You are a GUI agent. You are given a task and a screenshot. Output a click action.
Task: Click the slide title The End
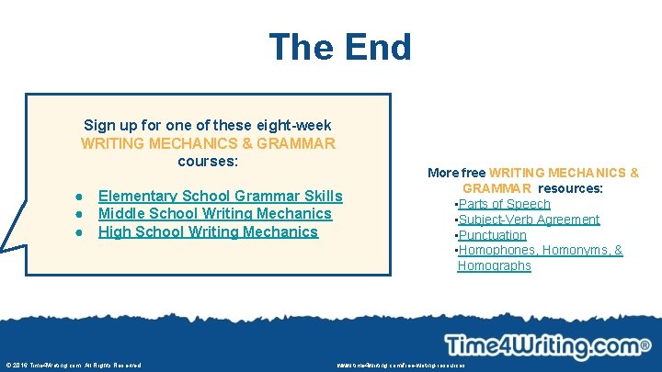[x=340, y=47]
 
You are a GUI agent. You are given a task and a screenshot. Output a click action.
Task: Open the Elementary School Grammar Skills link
[x=220, y=196]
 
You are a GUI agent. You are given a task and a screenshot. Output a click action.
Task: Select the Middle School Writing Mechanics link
[x=214, y=214]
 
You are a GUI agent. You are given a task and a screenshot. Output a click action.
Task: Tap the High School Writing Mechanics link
[x=208, y=231]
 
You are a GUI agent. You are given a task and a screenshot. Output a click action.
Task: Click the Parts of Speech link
[x=504, y=204]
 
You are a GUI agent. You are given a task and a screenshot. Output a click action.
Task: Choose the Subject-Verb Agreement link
[x=529, y=220]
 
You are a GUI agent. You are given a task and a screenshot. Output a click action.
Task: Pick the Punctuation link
[x=493, y=235]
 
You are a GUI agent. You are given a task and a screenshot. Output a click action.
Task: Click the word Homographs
[x=494, y=265]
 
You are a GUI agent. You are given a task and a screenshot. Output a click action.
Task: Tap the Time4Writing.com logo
[x=542, y=346]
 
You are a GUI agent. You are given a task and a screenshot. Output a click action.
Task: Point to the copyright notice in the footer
[x=74, y=365]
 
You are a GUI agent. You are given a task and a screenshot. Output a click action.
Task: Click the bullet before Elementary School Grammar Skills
[x=82, y=197]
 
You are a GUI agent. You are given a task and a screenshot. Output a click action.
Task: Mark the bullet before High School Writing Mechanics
[x=82, y=232]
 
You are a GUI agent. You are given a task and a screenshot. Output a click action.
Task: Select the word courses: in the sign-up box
[x=208, y=161]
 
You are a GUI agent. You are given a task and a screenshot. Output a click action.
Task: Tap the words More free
[x=457, y=173]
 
